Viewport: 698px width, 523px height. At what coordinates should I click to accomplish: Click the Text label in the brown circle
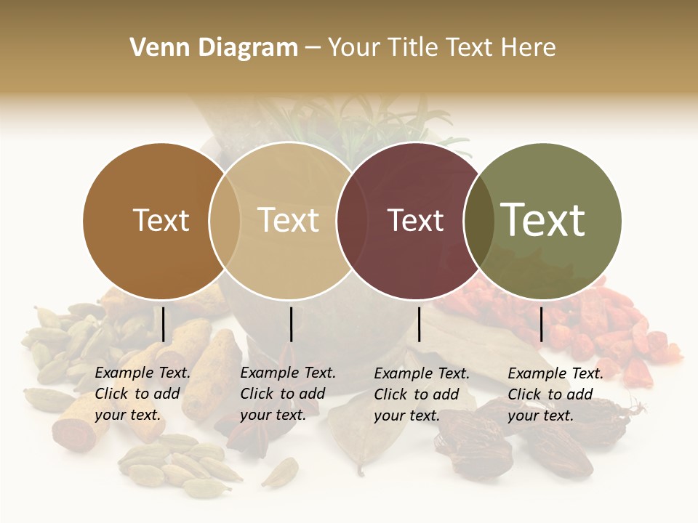click(161, 220)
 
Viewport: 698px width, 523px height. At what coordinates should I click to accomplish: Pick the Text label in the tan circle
click(289, 220)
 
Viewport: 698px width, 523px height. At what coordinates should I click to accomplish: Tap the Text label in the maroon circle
click(415, 220)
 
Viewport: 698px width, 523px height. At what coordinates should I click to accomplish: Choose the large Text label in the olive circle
click(543, 220)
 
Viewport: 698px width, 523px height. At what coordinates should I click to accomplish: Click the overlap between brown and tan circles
click(225, 221)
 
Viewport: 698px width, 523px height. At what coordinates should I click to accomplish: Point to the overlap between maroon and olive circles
click(479, 221)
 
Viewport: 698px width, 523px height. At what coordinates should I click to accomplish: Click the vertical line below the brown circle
click(163, 324)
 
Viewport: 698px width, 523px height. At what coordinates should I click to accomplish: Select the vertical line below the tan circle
click(291, 324)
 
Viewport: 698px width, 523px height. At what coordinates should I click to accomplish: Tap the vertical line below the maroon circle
click(419, 324)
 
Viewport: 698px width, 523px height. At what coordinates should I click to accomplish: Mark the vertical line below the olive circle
click(541, 324)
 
